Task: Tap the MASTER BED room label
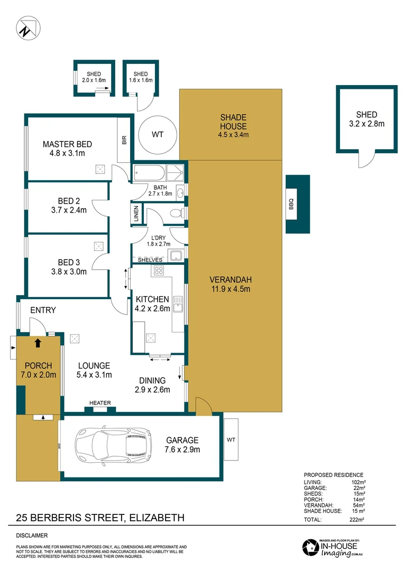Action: (67, 144)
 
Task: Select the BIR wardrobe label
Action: (124, 140)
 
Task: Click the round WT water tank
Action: (158, 135)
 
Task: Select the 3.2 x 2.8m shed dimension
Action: (366, 124)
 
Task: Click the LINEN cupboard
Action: (136, 214)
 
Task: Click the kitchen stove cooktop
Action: (158, 271)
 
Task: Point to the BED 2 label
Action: (69, 201)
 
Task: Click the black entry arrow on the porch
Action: (38, 342)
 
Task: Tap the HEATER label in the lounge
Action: (100, 403)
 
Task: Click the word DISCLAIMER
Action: (32, 535)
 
